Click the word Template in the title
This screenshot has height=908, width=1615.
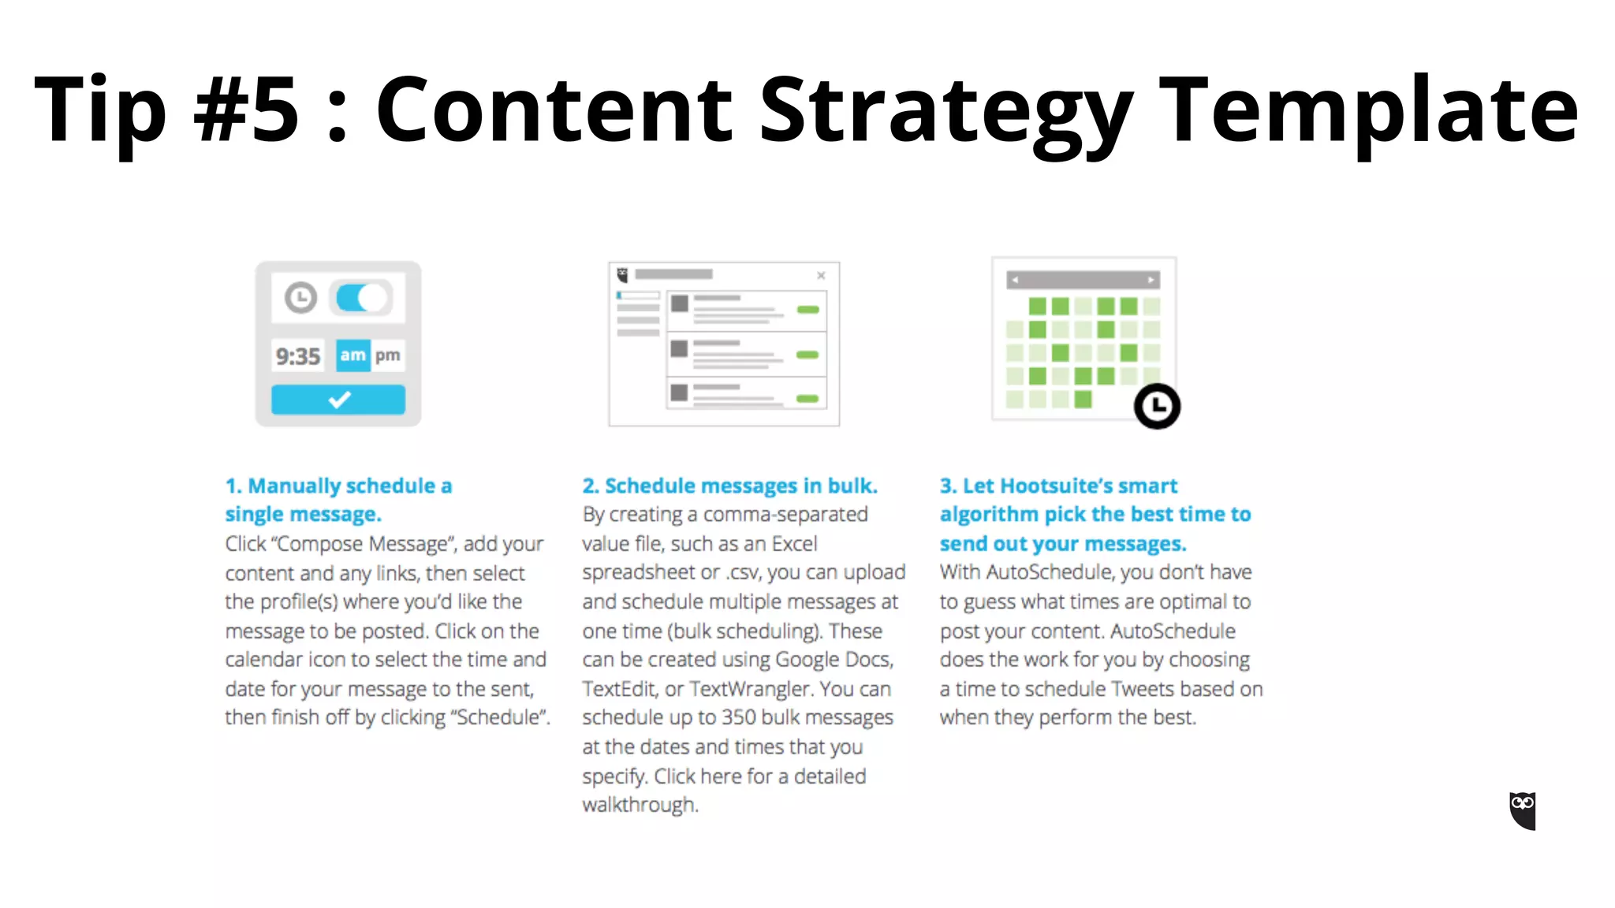coord(1369,110)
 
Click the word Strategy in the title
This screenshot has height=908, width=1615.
coord(946,110)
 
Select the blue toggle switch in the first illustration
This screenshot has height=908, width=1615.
coord(361,298)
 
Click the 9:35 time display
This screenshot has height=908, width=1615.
coord(297,356)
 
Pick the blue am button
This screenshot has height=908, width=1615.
coord(352,355)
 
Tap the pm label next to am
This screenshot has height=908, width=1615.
coord(387,355)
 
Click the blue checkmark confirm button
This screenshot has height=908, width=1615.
coord(338,400)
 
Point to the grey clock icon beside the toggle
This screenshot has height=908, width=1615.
coord(300,298)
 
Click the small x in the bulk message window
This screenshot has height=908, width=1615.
coord(821,275)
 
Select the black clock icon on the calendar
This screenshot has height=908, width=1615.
coord(1157,406)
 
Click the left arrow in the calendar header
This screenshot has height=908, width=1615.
coord(1015,280)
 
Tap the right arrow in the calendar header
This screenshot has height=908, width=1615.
coord(1151,280)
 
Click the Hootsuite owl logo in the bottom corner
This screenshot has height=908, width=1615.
coord(1522,810)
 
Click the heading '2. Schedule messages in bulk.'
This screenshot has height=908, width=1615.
coord(729,486)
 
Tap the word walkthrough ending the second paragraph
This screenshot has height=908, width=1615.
coord(639,805)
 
